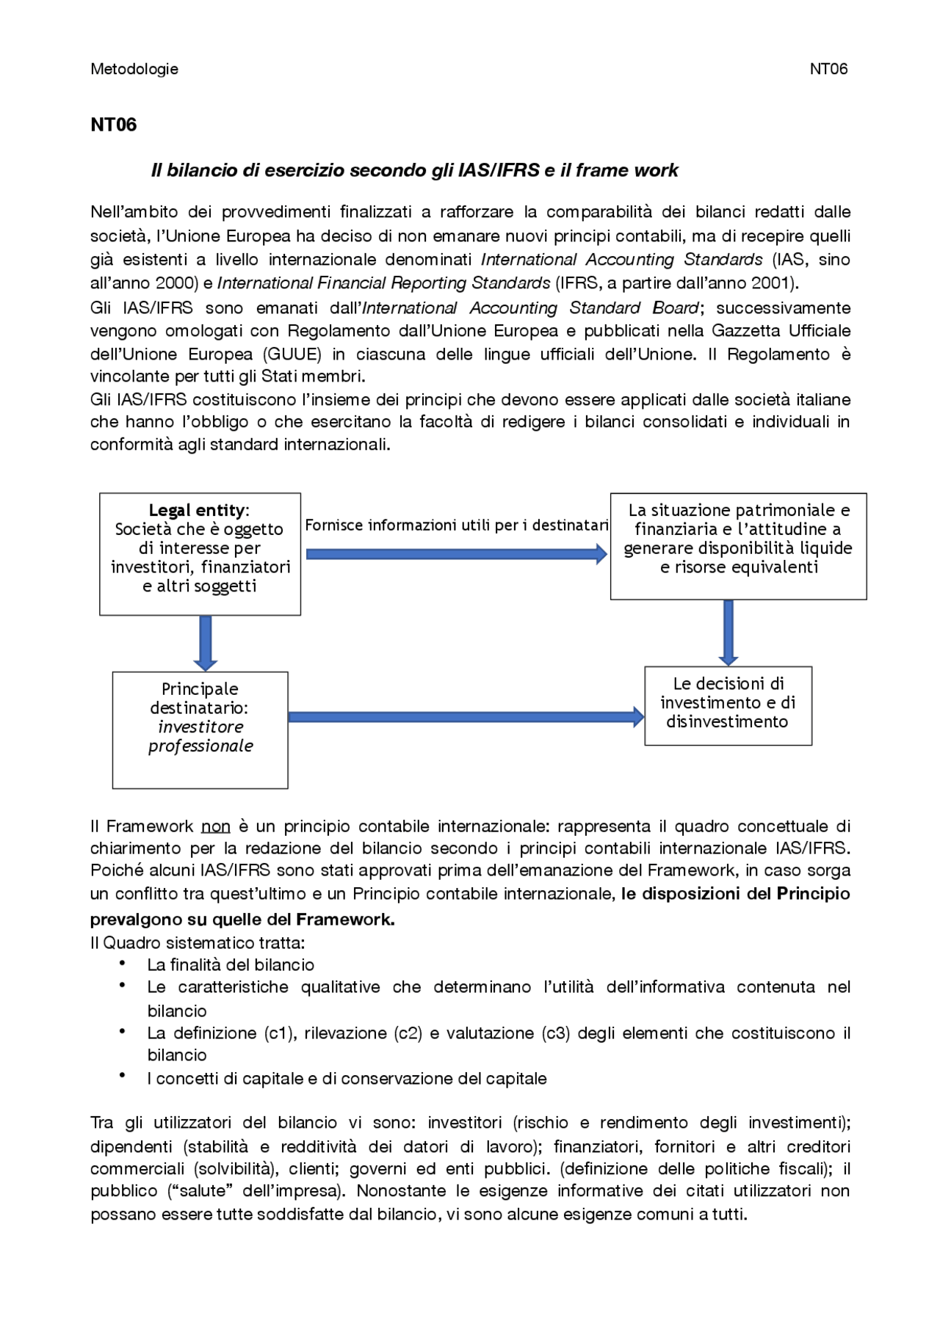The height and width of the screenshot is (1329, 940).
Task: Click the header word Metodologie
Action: pos(134,69)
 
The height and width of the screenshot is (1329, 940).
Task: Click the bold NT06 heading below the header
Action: pos(114,125)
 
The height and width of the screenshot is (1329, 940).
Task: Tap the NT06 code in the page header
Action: pos(828,69)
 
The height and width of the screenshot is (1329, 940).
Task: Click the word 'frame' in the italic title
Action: pos(601,170)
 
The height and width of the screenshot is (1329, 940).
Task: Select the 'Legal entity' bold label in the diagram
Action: pos(197,510)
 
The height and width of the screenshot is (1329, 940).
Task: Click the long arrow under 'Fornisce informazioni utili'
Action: pos(456,554)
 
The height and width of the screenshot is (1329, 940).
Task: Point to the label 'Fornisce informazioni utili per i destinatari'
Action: pos(456,525)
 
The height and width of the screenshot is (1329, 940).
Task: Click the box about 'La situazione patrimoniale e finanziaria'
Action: pos(738,546)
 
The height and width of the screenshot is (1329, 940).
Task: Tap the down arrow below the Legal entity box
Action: pos(206,643)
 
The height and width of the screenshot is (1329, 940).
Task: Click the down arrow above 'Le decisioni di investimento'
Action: pos(728,632)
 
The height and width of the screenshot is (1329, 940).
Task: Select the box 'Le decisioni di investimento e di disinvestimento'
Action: pos(728,704)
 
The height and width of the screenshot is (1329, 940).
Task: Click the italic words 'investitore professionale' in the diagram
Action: pos(200,737)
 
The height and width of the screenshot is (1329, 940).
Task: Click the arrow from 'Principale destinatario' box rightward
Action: pos(466,717)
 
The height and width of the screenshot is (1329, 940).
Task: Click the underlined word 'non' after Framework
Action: pos(216,826)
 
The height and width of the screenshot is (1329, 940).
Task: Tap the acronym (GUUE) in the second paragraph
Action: pos(292,354)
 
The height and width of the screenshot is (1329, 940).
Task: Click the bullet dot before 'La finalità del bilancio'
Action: pos(123,964)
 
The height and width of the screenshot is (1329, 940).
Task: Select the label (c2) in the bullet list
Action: pos(408,1033)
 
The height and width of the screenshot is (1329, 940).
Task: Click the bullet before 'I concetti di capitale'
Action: pos(123,1076)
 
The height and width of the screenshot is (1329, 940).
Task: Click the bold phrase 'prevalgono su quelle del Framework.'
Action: pos(242,920)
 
